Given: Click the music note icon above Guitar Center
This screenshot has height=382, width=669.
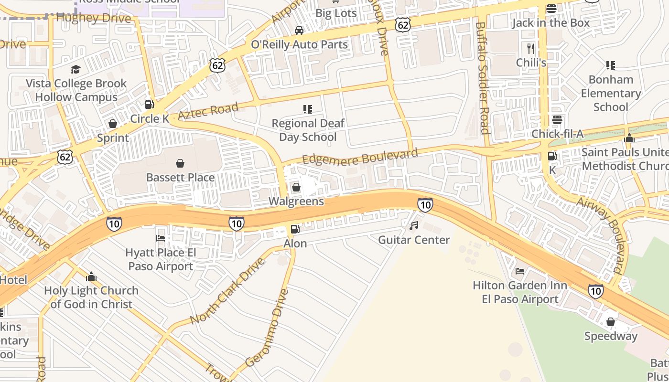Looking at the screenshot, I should point(414,225).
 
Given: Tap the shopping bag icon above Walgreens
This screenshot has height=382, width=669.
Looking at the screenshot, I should point(296,187).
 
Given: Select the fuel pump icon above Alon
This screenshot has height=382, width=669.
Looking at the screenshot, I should point(295,229).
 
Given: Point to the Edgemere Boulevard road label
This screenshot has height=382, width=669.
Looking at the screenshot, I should point(360,157).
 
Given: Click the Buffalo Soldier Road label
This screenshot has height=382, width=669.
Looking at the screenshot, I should point(483,78).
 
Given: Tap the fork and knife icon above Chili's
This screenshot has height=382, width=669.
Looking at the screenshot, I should point(530,48).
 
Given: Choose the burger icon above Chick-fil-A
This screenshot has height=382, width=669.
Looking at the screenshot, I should point(557,120).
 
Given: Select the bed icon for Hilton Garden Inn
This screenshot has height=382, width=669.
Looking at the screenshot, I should point(520,271).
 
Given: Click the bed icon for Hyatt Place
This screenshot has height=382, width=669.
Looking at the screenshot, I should point(161,238).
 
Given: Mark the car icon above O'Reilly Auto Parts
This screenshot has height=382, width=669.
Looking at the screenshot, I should point(299,31).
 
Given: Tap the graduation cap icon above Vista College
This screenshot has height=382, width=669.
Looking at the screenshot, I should point(76,70).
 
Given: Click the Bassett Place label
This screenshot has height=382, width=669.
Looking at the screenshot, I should point(180,178).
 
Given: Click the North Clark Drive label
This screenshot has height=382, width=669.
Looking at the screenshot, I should point(227,291).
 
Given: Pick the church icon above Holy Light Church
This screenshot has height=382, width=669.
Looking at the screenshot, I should point(91,276).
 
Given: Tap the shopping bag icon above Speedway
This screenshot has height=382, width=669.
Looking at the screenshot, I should point(610,322).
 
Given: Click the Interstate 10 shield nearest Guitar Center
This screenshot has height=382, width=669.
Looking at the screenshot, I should point(425,205).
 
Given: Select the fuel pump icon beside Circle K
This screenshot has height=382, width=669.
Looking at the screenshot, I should point(150,104).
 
